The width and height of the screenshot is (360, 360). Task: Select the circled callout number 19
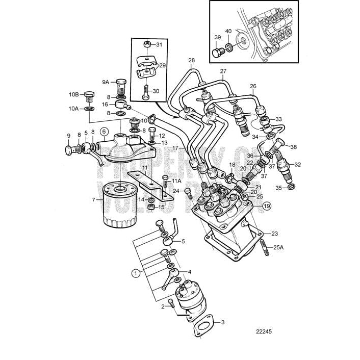[x=267, y=207]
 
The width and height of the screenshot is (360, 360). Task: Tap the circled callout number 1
[x=136, y=272]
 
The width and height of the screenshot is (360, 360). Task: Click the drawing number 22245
[x=264, y=330]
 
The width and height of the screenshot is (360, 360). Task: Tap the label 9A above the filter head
[x=106, y=82]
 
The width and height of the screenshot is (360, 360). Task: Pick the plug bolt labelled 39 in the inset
[x=217, y=52]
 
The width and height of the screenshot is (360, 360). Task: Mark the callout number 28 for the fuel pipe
[x=191, y=61]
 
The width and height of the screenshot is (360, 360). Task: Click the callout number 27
[x=223, y=71]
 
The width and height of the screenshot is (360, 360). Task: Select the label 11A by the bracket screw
[x=176, y=181]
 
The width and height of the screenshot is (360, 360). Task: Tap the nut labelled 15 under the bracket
[x=150, y=208]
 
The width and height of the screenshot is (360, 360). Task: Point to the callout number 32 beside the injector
[x=298, y=164]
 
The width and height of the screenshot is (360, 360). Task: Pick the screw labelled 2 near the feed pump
[x=171, y=304]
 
